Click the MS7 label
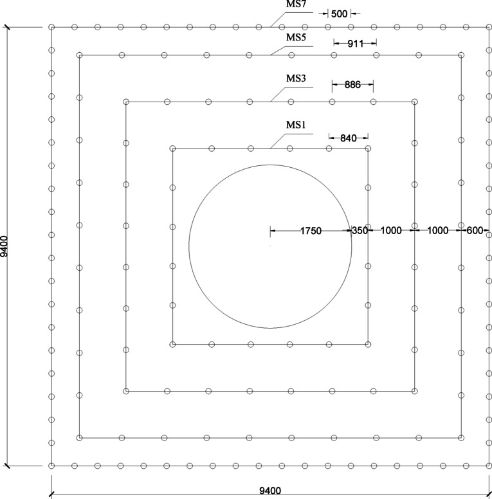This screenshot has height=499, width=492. point(296,4)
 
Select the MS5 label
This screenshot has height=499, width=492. point(296,37)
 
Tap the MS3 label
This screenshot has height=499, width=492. point(296,78)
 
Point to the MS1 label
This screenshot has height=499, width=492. point(296,125)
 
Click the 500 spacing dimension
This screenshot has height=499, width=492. point(339,14)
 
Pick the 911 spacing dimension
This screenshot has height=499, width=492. point(355,44)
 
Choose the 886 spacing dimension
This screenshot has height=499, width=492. point(352,85)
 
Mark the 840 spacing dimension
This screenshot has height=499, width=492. point(349,138)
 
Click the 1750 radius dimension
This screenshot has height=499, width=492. point(311,231)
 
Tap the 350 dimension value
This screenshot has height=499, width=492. point(360,230)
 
